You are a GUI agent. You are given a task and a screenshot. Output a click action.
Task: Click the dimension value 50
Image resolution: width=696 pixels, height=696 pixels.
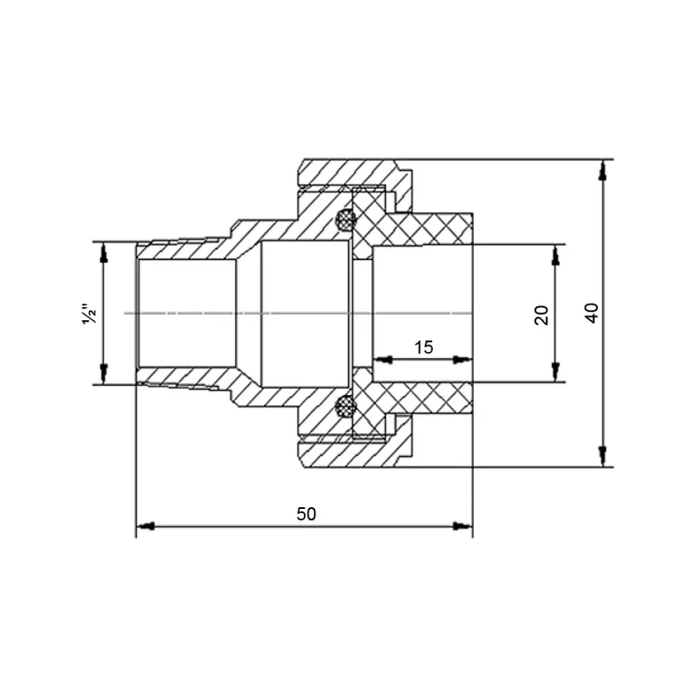[x=306, y=514]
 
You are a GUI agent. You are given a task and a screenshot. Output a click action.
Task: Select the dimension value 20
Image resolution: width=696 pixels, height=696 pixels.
[x=542, y=314]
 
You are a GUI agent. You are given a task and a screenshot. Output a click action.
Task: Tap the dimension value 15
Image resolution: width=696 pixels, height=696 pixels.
[x=423, y=347]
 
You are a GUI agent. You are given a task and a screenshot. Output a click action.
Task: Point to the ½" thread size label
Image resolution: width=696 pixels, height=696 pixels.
[x=89, y=313]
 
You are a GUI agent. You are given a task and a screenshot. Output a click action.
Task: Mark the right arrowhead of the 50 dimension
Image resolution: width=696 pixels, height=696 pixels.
[x=463, y=527]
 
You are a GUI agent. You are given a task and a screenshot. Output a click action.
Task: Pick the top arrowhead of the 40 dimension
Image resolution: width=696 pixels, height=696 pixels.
[x=602, y=169]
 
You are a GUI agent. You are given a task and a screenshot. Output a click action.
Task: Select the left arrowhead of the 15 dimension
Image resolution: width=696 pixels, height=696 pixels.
[x=382, y=360]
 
